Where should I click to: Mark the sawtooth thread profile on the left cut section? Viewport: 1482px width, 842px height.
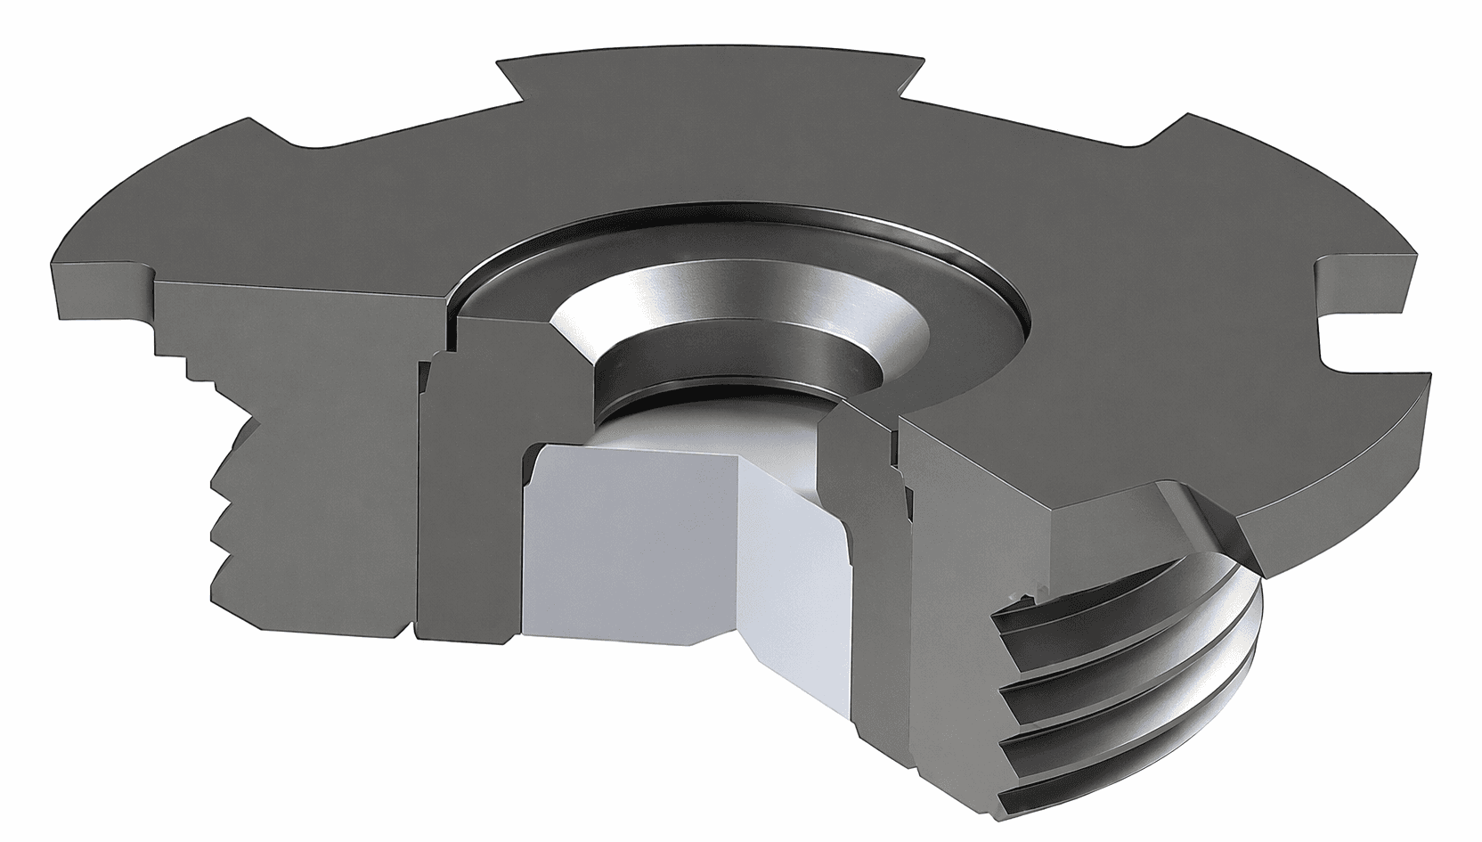click(x=227, y=517)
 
